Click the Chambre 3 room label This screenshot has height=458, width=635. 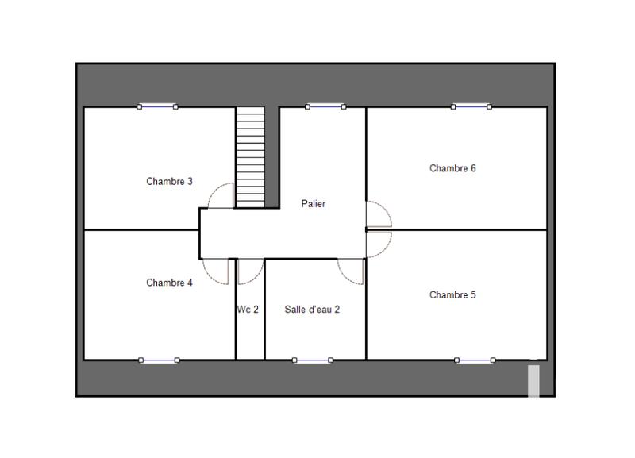[x=169, y=181]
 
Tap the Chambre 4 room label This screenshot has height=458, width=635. [x=169, y=283]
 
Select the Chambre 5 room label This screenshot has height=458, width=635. [x=452, y=295]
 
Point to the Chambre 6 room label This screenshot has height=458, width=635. [x=452, y=168]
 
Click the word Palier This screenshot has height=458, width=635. [x=314, y=204]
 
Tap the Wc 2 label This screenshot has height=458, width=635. [x=248, y=310]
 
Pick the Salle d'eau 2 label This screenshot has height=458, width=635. [x=312, y=310]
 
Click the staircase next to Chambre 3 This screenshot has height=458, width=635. [x=250, y=157]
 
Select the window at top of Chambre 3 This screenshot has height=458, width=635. [x=157, y=106]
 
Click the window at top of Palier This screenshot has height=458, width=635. [x=325, y=106]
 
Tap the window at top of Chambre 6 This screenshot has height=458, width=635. [x=471, y=106]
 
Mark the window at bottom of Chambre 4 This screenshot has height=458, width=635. [x=159, y=360]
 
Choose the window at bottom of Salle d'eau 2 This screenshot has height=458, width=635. [x=312, y=360]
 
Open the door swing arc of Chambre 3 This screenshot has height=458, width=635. [x=220, y=195]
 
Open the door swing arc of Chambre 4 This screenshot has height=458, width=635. [x=215, y=272]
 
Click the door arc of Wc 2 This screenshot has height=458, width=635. [x=250, y=272]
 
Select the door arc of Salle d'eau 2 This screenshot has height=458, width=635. [x=350, y=271]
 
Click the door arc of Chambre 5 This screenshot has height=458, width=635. [x=379, y=241]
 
